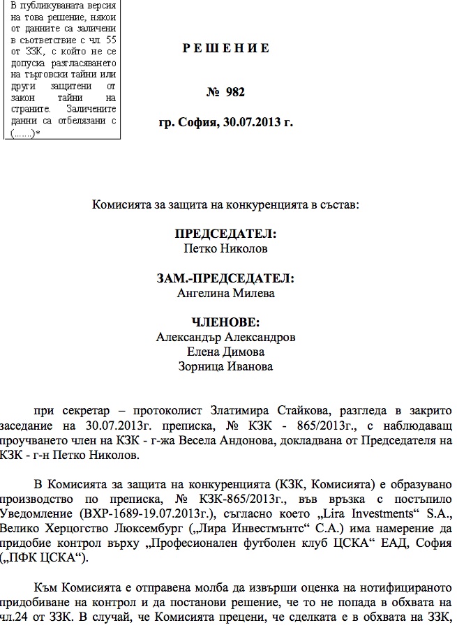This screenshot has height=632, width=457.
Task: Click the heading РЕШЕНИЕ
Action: (226, 48)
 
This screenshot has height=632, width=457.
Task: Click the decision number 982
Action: (235, 92)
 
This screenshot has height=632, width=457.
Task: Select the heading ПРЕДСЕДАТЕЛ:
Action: (225, 234)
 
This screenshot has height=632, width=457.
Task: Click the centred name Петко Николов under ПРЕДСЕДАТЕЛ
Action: (225, 248)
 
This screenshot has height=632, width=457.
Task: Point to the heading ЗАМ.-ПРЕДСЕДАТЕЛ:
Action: (225, 279)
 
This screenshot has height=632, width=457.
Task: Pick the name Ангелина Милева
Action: (225, 293)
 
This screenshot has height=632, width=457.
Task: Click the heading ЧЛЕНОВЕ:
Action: (225, 323)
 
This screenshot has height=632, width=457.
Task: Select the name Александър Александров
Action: (225, 337)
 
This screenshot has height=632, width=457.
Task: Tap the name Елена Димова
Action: (225, 352)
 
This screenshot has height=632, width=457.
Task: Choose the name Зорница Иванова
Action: (225, 366)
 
